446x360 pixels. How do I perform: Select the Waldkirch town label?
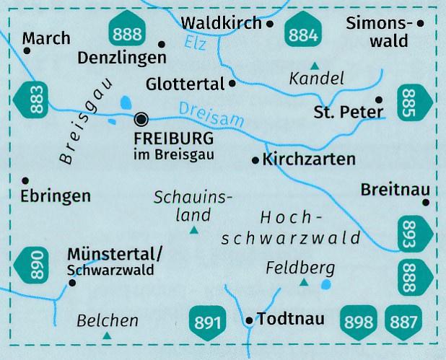click(x=222, y=23)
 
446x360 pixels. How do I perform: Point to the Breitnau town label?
click(x=394, y=189)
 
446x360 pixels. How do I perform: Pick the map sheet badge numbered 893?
click(x=411, y=232)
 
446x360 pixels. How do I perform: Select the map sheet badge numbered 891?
click(x=206, y=320)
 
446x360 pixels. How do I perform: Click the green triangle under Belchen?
click(x=108, y=335)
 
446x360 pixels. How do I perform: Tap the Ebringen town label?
click(x=56, y=196)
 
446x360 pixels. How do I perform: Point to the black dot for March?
click(x=27, y=51)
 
